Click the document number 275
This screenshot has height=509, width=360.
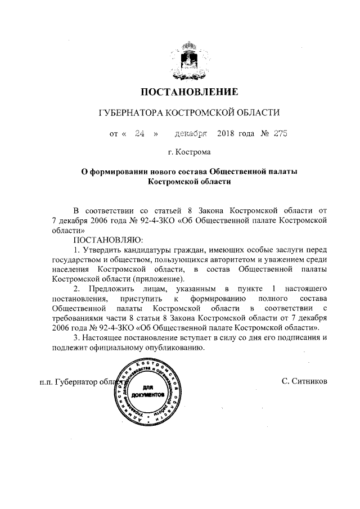[x=280, y=133]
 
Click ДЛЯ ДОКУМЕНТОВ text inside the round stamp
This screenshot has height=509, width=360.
[x=146, y=391]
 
